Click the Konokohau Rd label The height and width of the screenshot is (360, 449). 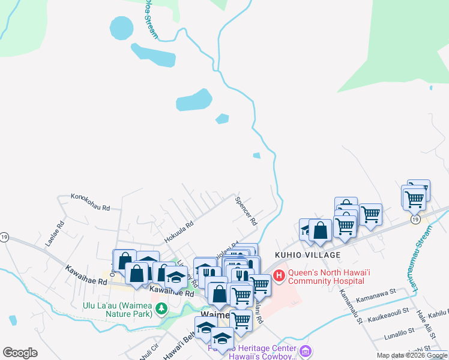91,202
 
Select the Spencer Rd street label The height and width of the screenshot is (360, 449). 246,211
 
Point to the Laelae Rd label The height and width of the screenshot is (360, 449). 54,236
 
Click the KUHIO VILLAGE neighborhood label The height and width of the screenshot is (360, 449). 310,255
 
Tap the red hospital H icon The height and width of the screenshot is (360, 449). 279,275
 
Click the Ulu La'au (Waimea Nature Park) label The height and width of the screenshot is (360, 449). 118,309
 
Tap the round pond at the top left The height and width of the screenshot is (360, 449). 121,27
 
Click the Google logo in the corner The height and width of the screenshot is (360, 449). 20,353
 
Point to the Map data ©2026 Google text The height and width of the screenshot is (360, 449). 412,355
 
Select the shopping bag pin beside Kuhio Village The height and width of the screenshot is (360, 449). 321,230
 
